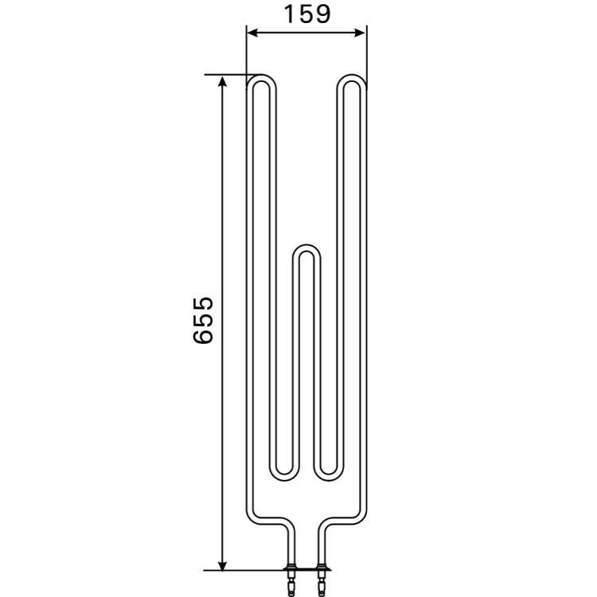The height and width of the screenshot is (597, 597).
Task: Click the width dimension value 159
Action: pyautogui.click(x=307, y=14)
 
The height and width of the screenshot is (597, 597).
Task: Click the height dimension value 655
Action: pyautogui.click(x=203, y=320)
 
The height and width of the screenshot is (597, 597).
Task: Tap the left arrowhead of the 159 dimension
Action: pyautogui.click(x=253, y=33)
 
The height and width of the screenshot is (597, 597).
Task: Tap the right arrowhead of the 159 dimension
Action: pyautogui.click(x=359, y=33)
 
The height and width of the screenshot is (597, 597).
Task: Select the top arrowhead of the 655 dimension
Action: pyautogui.click(x=222, y=81)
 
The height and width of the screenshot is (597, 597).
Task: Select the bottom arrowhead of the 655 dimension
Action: pyautogui.click(x=222, y=564)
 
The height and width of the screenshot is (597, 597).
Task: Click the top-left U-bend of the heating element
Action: pyautogui.click(x=261, y=77)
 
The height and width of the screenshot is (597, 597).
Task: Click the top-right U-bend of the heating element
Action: pyautogui.click(x=352, y=77)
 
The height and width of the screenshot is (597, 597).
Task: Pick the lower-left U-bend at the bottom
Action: pyautogui.click(x=284, y=478)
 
